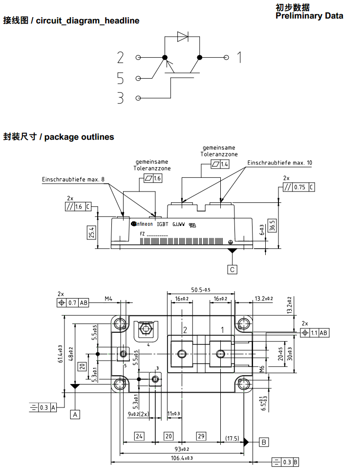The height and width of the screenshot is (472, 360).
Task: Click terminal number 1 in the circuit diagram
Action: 239,58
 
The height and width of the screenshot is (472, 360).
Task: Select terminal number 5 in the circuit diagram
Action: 121,78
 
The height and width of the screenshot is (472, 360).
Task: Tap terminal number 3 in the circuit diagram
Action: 121,98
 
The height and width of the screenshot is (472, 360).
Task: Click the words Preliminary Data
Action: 309,16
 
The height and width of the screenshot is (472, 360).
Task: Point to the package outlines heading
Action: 59,137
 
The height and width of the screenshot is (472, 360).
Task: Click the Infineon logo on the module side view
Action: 142,224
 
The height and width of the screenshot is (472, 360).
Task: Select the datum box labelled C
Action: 233,269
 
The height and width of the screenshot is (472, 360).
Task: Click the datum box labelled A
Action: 75,414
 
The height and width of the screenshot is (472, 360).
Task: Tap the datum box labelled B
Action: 264,442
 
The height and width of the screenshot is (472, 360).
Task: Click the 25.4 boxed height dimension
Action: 91,234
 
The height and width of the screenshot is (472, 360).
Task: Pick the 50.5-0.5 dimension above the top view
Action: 201,290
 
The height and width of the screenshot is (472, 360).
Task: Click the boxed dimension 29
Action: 201,436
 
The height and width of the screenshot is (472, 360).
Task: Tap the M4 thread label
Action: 108,299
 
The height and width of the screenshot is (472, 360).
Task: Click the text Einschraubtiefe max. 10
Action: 279,163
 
